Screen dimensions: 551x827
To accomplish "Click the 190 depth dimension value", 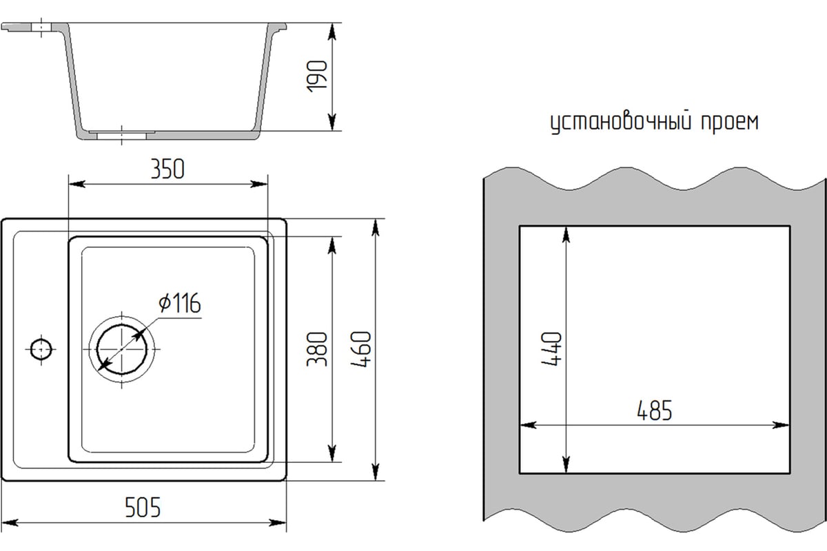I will (316, 77).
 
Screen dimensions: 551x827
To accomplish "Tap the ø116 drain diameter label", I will (178, 303).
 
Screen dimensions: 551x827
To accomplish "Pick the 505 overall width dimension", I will (143, 508).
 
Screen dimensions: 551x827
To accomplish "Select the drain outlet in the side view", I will (121, 134).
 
